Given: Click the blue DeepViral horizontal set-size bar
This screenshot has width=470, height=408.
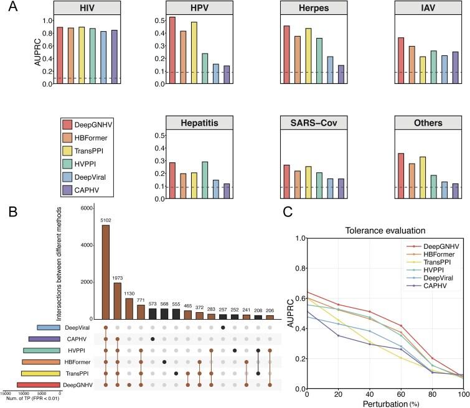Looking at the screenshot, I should [49, 328].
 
